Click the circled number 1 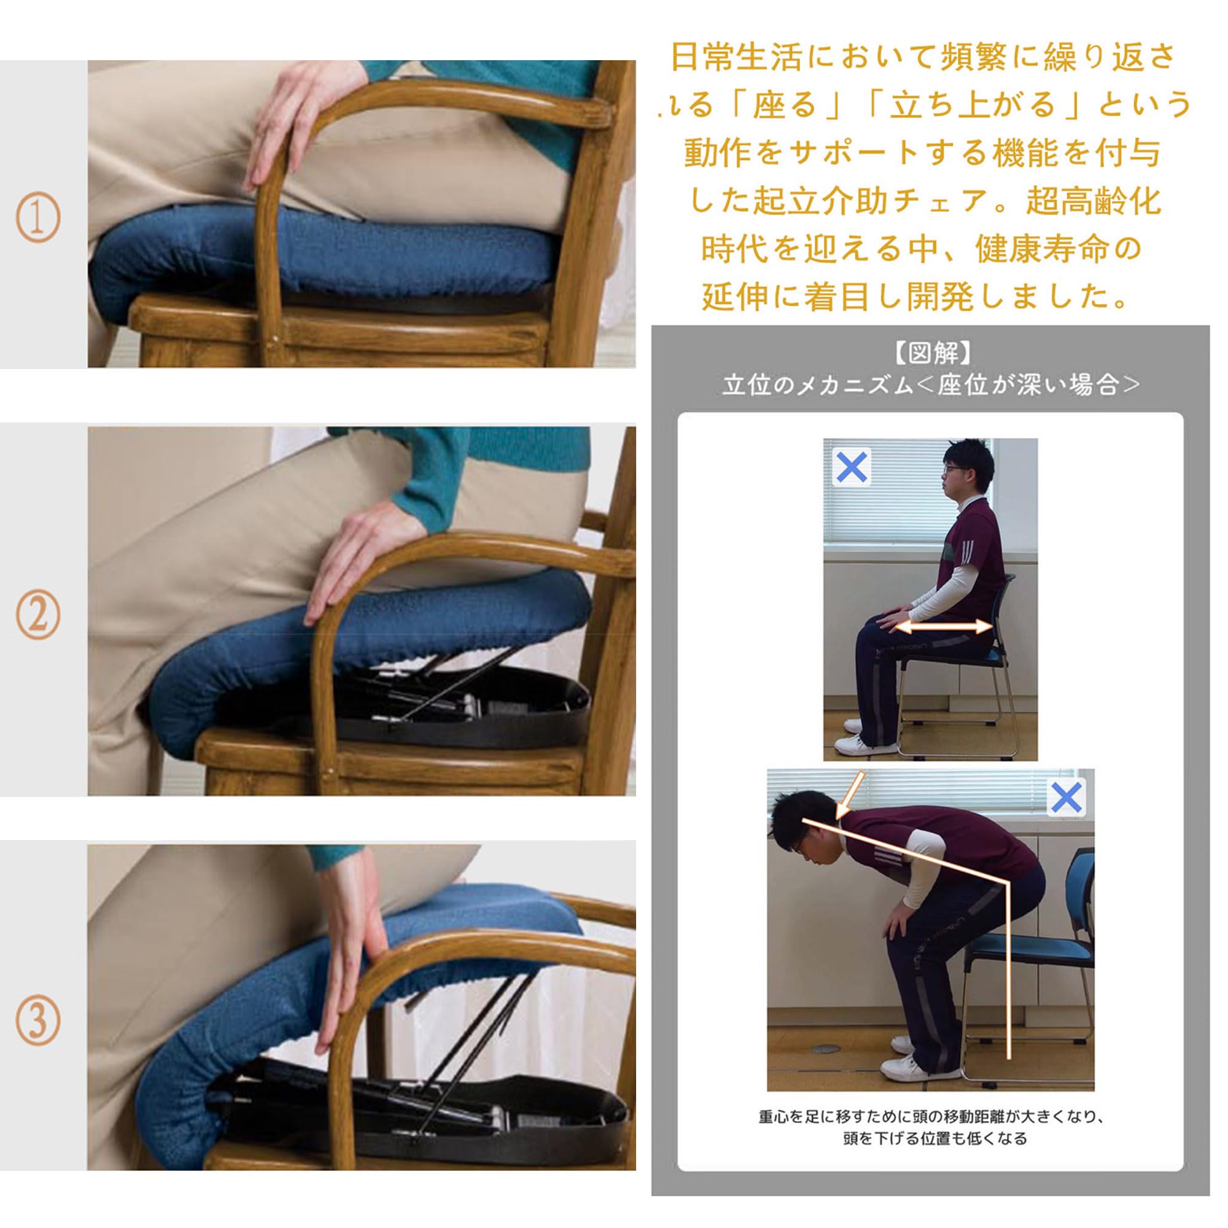pyautogui.click(x=38, y=217)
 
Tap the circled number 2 pyautogui.click(x=38, y=615)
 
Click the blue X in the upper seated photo pyautogui.click(x=852, y=467)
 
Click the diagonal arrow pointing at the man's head pyautogui.click(x=850, y=795)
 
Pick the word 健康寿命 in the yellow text pyautogui.click(x=1040, y=249)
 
